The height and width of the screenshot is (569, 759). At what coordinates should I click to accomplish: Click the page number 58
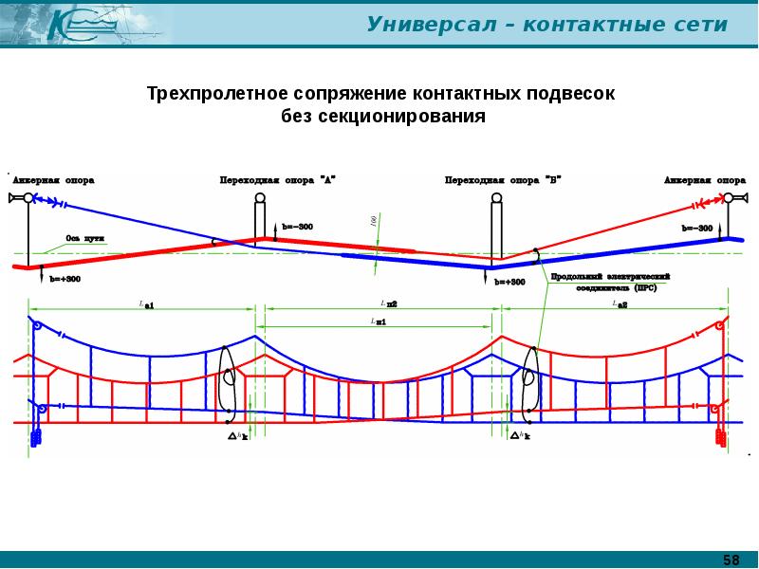pyautogui.click(x=731, y=559)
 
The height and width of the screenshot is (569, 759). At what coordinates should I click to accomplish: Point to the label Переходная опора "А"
pyautogui.click(x=277, y=179)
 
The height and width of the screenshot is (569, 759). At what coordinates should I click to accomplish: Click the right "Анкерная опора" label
pyautogui.click(x=704, y=179)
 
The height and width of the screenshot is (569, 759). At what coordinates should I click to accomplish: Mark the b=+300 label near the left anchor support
pyautogui.click(x=65, y=279)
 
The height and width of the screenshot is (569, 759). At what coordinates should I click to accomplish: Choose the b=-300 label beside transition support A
pyautogui.click(x=297, y=228)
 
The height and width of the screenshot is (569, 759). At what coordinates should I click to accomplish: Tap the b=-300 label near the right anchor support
pyautogui.click(x=697, y=229)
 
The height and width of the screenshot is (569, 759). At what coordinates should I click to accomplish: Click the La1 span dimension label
pyautogui.click(x=146, y=304)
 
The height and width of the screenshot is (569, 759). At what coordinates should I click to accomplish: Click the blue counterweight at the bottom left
pyautogui.click(x=37, y=437)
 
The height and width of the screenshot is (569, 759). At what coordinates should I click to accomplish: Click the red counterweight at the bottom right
pyautogui.click(x=721, y=437)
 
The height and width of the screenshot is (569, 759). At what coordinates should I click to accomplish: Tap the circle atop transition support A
pyautogui.click(x=260, y=198)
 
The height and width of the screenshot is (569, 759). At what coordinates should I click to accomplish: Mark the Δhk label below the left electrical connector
pyautogui.click(x=238, y=436)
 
